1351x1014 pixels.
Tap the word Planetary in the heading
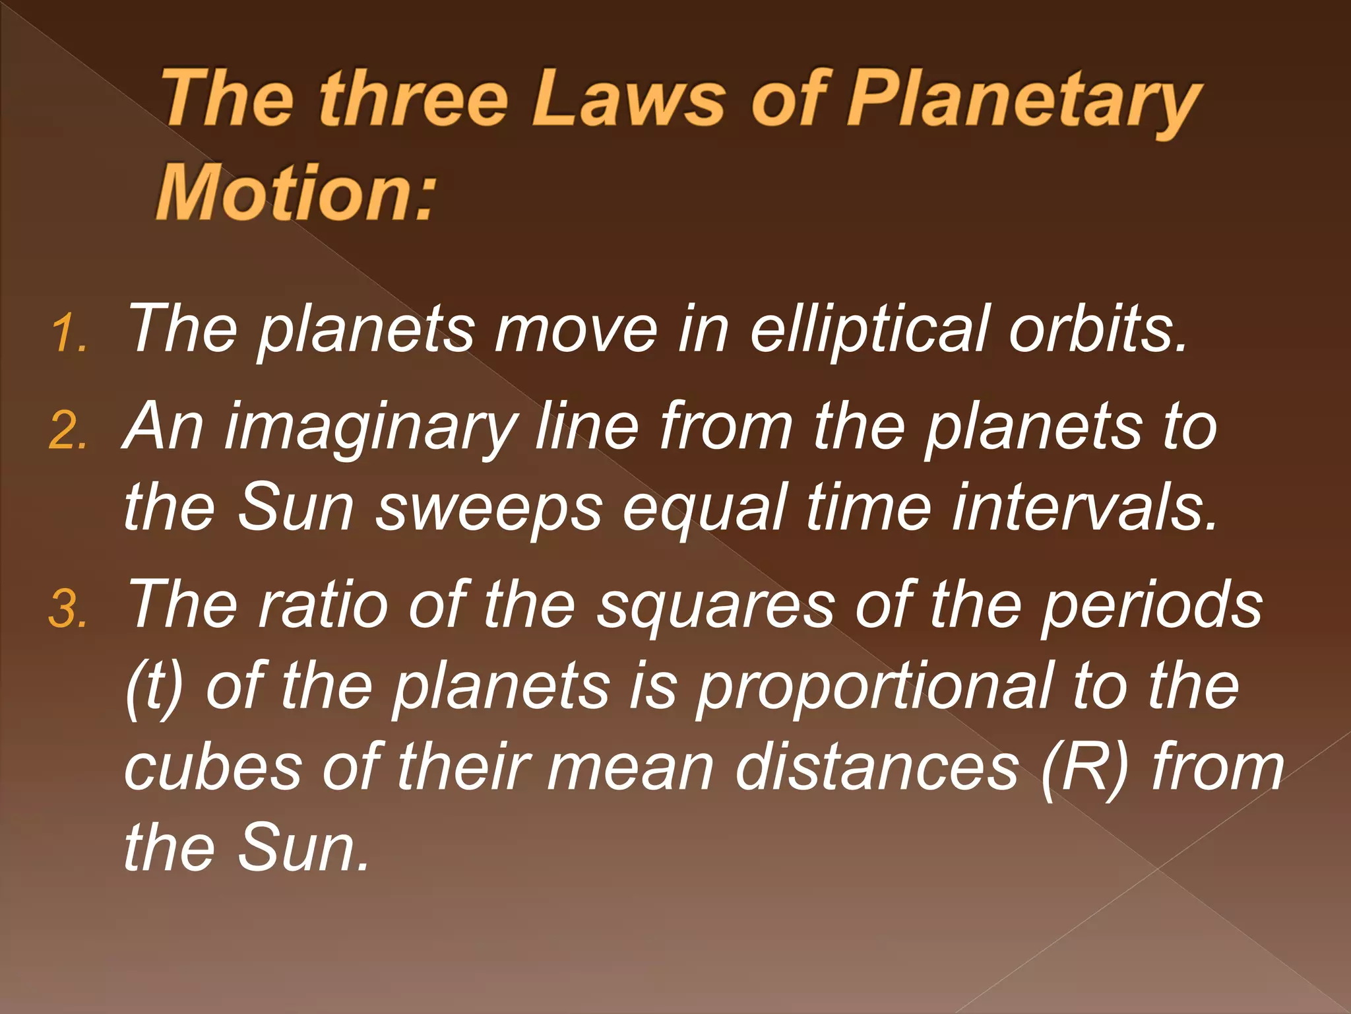click(1022, 102)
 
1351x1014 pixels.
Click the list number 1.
click(67, 333)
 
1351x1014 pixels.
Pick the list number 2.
click(67, 433)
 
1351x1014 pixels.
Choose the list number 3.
click(67, 610)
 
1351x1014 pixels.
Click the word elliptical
click(869, 330)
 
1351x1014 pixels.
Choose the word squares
click(715, 607)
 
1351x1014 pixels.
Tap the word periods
click(1151, 607)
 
